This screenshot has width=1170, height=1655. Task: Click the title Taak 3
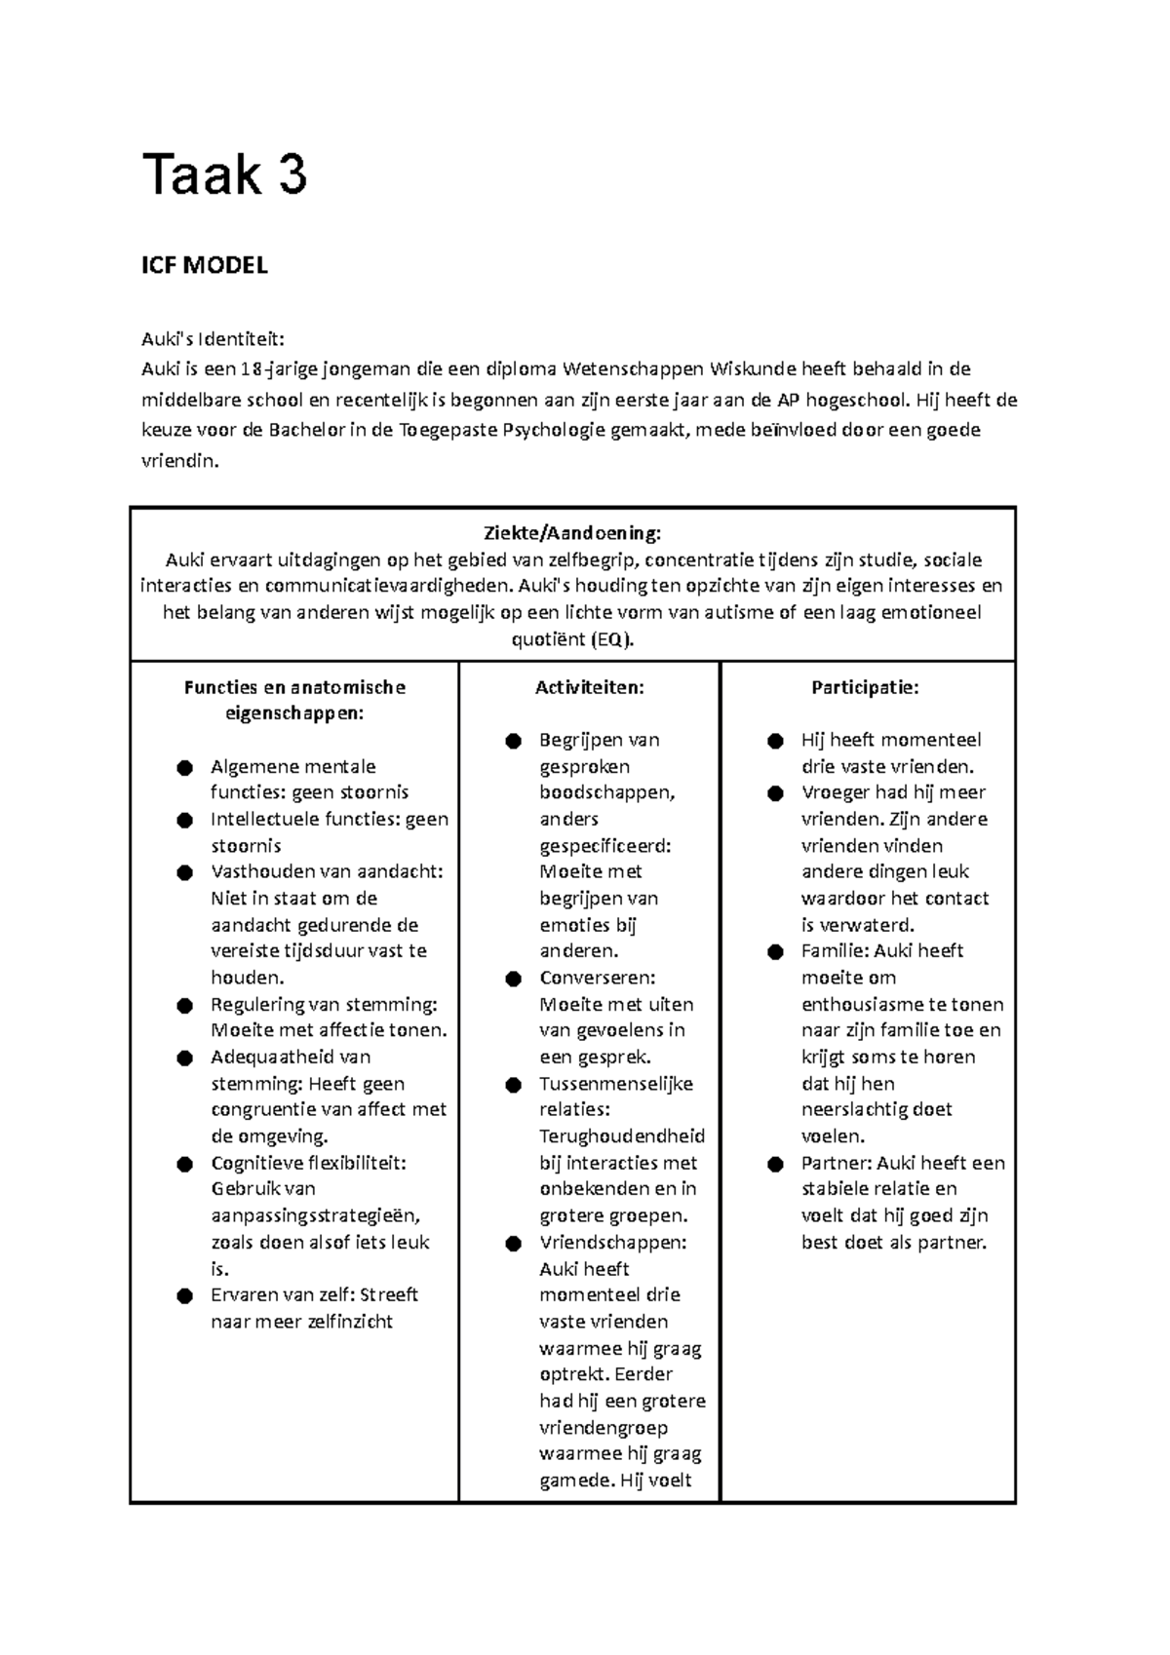(x=224, y=175)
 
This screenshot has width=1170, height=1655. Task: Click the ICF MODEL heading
(x=204, y=265)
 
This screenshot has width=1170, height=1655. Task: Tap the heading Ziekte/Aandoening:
(x=572, y=533)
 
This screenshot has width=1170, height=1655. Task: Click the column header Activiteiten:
(x=589, y=687)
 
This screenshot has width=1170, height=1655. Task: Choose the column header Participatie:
(x=865, y=687)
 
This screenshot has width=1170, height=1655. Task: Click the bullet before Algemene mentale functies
(x=184, y=768)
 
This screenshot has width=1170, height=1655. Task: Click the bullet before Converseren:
(x=513, y=979)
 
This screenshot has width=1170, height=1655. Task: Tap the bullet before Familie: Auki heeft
(x=775, y=952)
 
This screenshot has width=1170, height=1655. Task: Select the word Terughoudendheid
(x=622, y=1136)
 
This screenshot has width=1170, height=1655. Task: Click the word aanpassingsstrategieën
(x=315, y=1215)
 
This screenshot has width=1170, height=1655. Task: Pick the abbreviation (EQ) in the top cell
(x=610, y=640)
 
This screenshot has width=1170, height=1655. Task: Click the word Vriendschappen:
(x=612, y=1243)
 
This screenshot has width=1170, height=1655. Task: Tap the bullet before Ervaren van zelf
(x=184, y=1296)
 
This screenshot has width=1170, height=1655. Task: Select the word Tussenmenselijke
(x=616, y=1084)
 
